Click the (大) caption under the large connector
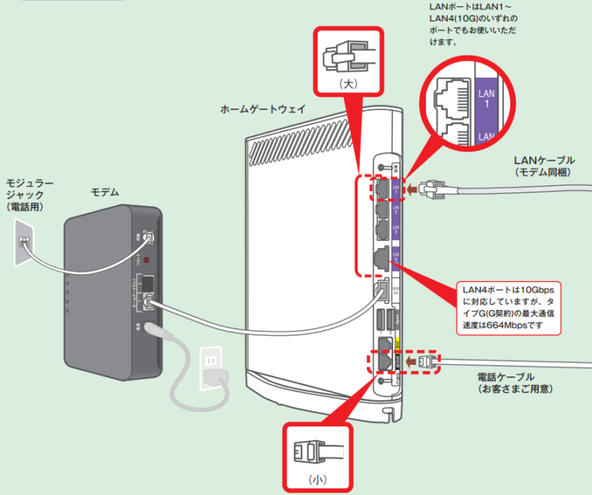(349, 80)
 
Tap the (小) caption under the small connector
(317, 478)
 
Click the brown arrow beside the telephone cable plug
(408, 360)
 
